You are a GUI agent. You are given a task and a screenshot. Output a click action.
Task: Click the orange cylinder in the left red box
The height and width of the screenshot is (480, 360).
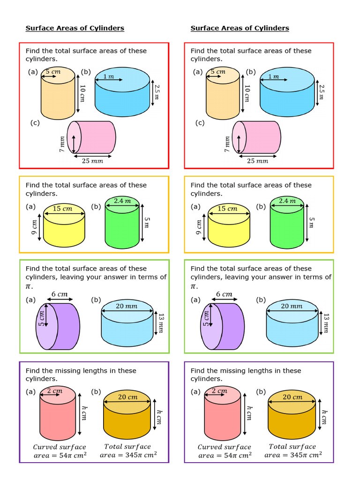tap(58, 98)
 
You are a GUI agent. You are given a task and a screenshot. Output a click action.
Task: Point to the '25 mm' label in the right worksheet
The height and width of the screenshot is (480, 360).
tap(257, 161)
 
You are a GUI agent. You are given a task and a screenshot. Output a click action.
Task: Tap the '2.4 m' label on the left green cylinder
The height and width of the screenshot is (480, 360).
tap(122, 201)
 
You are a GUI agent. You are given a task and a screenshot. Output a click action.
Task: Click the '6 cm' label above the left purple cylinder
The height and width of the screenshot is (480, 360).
tap(60, 294)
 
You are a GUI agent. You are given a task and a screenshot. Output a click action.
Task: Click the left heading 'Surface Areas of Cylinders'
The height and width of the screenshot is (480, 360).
tap(75, 28)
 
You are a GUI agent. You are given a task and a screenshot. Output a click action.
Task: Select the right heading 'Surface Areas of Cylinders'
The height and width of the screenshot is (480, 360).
tap(240, 28)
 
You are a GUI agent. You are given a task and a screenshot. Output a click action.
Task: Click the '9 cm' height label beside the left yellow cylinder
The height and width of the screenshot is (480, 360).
tap(34, 227)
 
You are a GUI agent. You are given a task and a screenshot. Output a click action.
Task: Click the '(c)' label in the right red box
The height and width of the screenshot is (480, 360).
tap(200, 123)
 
